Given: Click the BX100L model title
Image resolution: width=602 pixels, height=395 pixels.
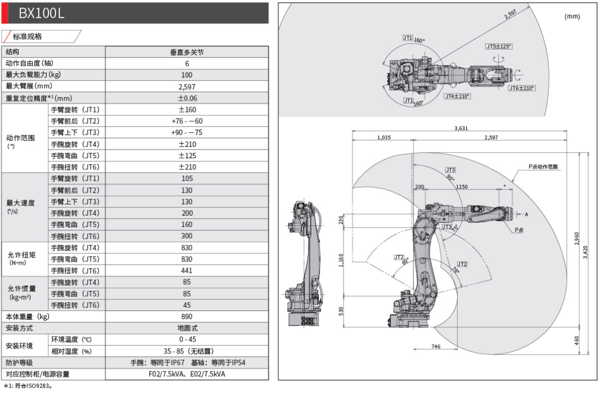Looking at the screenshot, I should click(x=41, y=13).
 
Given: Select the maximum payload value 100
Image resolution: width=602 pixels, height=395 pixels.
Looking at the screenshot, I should click(x=187, y=75).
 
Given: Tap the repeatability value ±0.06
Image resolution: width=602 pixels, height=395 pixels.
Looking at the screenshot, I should click(x=187, y=98).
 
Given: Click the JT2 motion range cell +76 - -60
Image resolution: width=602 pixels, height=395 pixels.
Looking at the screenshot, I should click(x=187, y=121).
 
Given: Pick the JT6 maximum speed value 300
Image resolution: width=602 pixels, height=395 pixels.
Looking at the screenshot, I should click(x=187, y=236).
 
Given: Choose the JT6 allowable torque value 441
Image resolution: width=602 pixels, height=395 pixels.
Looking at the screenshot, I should click(x=187, y=271).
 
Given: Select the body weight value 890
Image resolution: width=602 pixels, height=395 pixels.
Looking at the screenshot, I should click(x=187, y=316).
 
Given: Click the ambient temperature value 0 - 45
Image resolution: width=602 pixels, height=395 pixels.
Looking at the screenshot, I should click(x=187, y=339).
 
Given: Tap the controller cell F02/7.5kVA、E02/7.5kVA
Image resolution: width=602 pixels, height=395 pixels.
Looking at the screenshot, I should click(x=187, y=374).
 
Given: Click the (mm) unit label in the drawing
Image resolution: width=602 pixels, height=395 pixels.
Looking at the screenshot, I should click(x=572, y=17).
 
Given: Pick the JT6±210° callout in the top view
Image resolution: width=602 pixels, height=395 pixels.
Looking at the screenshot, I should click(x=521, y=88).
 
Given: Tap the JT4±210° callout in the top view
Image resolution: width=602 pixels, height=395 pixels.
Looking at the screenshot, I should click(x=457, y=96).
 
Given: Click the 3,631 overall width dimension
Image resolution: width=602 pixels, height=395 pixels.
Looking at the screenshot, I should click(x=461, y=128).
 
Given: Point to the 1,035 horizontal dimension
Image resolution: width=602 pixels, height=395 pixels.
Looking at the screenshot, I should click(x=383, y=138).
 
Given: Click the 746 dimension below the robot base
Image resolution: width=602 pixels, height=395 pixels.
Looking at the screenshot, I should click(x=436, y=347).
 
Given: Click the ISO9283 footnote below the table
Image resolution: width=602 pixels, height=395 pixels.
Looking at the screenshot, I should click(x=30, y=386).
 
